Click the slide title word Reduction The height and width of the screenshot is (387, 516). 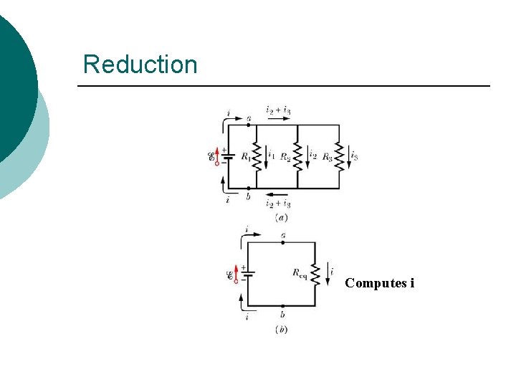click(140, 64)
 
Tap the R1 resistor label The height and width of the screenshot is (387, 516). click(246, 156)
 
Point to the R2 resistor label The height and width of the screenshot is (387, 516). click(285, 156)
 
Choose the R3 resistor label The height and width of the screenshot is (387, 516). click(327, 156)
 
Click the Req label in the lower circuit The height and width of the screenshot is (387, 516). click(300, 272)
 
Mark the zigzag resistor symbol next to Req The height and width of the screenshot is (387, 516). click(315, 273)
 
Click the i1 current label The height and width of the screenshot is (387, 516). click(270, 153)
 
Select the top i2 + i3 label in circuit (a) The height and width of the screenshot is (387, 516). click(278, 110)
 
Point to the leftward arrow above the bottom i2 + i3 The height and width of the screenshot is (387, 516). click(278, 194)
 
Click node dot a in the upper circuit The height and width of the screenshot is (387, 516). click(249, 125)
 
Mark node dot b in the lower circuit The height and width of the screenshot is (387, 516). click(282, 306)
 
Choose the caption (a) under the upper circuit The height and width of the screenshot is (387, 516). click(281, 216)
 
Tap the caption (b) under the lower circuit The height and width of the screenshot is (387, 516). click(281, 329)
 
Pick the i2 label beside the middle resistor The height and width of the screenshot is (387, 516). click(312, 153)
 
